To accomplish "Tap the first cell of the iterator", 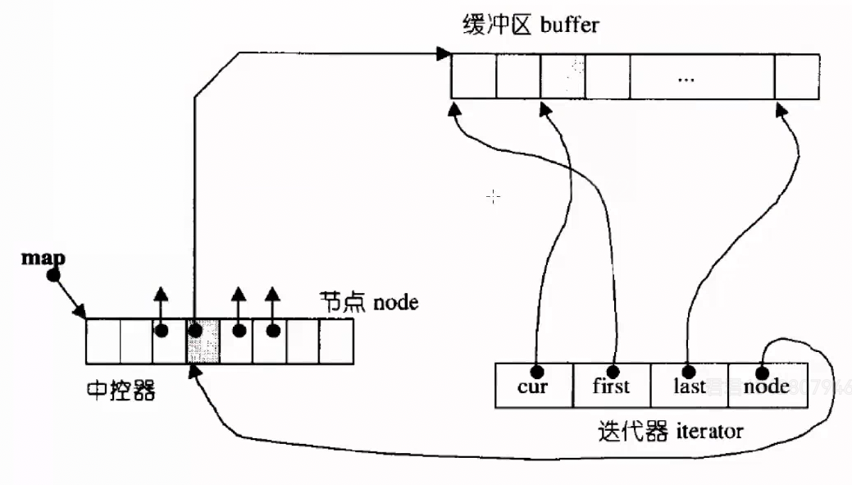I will [x=612, y=386].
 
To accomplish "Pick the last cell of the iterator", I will [x=689, y=386].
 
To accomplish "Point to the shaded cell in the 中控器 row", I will [x=203, y=341].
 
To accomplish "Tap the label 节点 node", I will [x=370, y=303].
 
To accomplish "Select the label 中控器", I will [x=121, y=388].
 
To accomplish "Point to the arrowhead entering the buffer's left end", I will [x=444, y=54].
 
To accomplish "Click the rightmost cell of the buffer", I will [x=797, y=77].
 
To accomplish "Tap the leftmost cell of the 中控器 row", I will [x=103, y=341].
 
